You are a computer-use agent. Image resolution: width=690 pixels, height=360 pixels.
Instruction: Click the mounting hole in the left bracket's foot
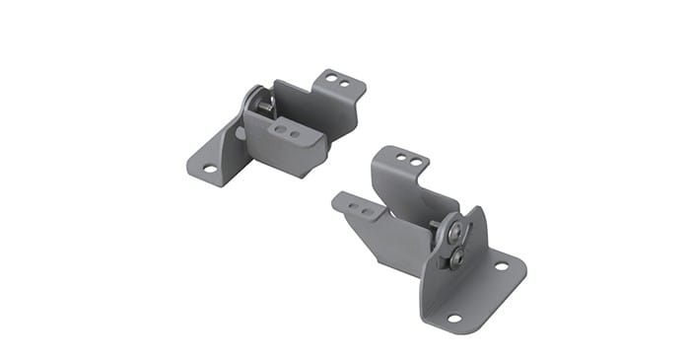click(x=209, y=169)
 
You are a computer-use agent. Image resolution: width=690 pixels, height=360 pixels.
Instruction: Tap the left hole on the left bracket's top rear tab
click(x=331, y=78)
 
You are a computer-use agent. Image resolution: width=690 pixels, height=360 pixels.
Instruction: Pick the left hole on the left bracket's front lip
click(x=281, y=126)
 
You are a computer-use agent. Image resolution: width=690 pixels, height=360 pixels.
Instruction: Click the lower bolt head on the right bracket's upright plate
click(x=456, y=259)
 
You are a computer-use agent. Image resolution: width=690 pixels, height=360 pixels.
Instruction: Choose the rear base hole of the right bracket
click(x=501, y=265)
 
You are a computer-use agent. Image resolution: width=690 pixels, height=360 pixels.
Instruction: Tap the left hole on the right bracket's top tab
click(x=403, y=158)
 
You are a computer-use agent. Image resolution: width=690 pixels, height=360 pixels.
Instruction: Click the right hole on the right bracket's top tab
click(x=416, y=162)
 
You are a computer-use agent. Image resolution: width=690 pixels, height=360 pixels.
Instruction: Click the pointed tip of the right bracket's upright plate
click(x=474, y=210)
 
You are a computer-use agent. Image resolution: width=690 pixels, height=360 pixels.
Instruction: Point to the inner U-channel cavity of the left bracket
click(x=296, y=104)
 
